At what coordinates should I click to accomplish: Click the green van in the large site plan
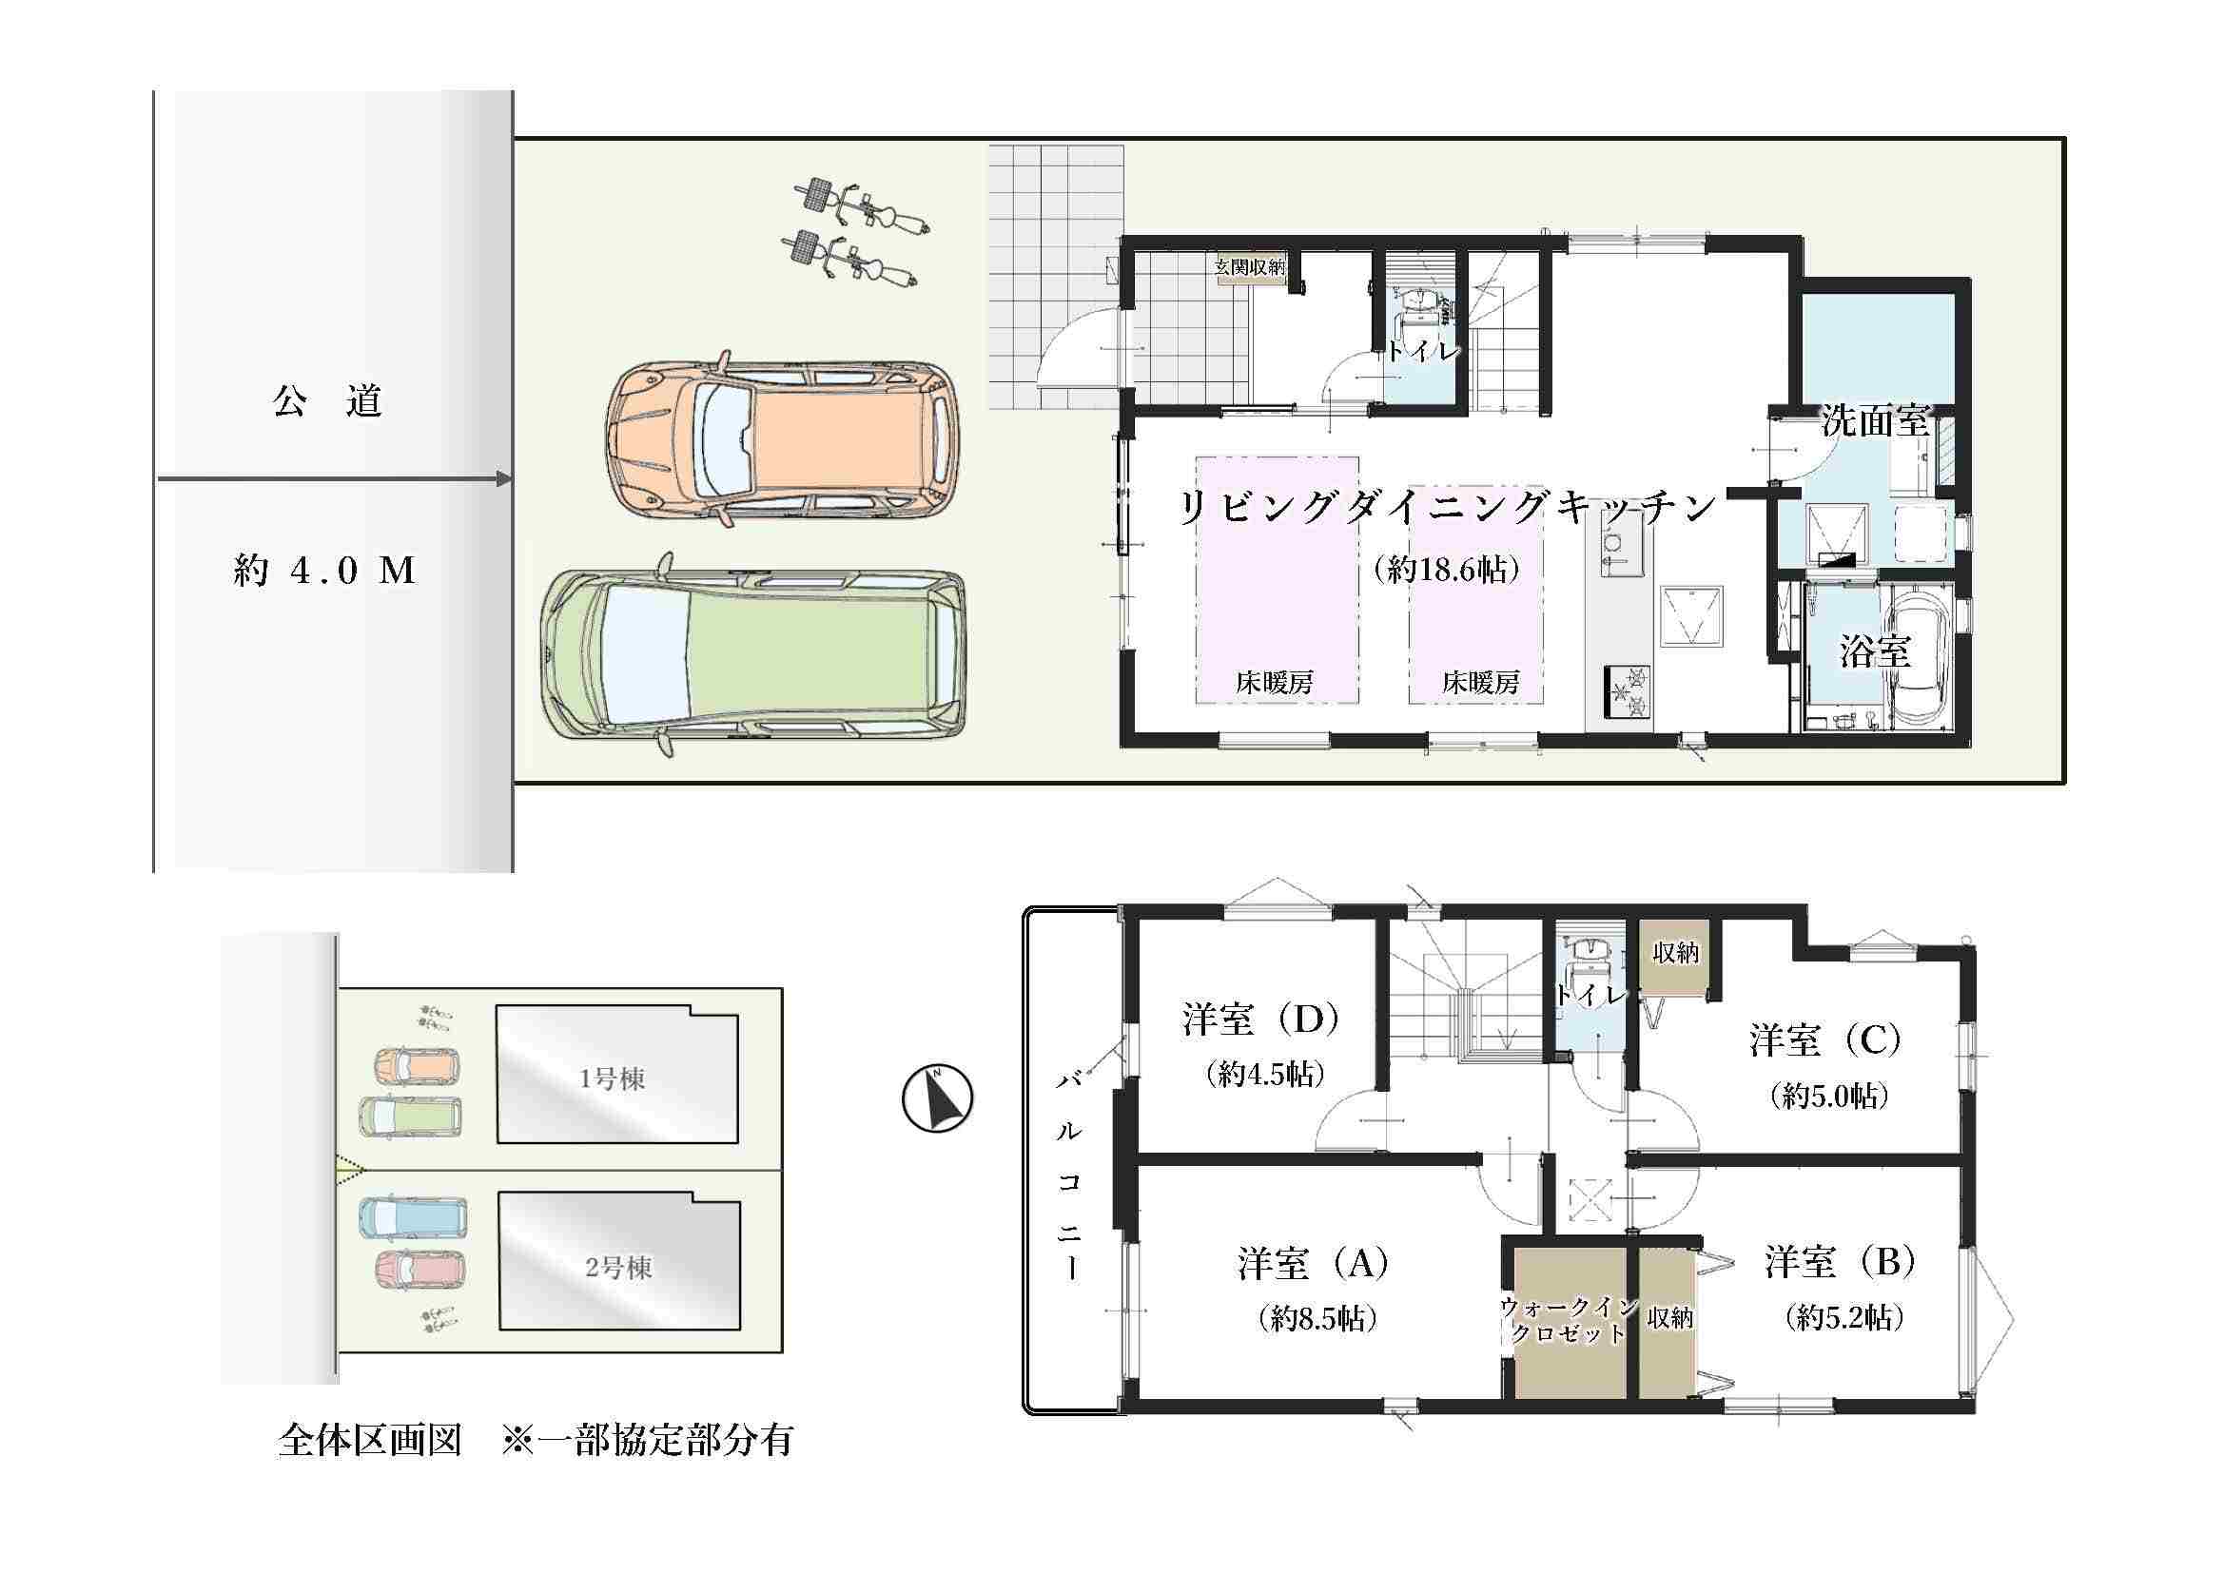pyautogui.click(x=755, y=653)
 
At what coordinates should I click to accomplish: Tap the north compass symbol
pyautogui.click(x=937, y=1098)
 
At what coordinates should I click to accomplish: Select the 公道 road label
pyautogui.click(x=327, y=401)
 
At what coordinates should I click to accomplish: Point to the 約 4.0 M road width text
pyautogui.click(x=324, y=571)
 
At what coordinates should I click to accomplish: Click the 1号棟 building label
pyautogui.click(x=613, y=1079)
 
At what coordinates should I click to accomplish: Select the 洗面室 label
pyautogui.click(x=1875, y=421)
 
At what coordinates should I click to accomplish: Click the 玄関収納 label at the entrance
pyautogui.click(x=1251, y=266)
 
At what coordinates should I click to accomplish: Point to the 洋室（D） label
pyautogui.click(x=1261, y=1020)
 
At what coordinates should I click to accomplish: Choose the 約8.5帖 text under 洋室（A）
pyautogui.click(x=1317, y=1318)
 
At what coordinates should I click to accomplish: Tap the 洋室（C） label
pyautogui.click(x=1825, y=1040)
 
